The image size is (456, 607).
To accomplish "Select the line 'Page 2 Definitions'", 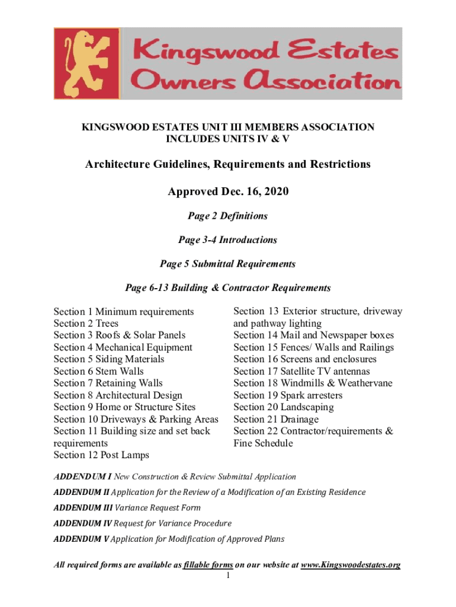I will pos(228,216).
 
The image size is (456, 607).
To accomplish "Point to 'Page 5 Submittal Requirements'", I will pos(228,264).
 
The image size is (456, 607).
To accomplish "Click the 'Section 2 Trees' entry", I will pos(86,324).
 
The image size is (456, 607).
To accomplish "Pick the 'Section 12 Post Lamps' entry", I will pos(101,455).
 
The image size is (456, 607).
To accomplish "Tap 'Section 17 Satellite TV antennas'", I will pos(301,372).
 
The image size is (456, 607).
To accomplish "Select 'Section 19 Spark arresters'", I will pos(288,395).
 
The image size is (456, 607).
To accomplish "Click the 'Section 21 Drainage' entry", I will pos(276,420).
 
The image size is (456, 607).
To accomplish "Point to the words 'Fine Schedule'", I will pos(263,443).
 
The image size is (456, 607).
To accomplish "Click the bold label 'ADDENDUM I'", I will pos(82,477).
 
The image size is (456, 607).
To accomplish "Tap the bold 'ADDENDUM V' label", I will pos(81,539).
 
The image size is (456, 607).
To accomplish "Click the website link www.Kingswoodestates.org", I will pos(351,565).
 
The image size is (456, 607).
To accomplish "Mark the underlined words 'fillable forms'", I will pos(208,565).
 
